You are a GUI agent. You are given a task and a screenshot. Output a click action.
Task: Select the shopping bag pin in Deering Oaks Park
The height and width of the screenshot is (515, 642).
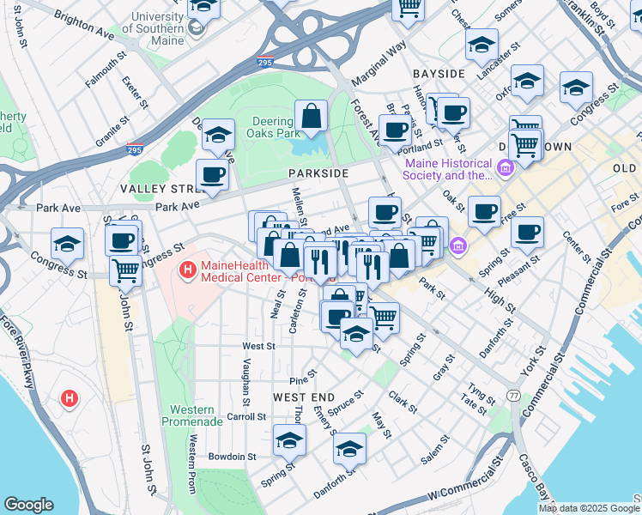click(x=311, y=116)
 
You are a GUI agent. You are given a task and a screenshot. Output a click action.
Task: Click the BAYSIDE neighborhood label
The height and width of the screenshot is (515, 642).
click(x=438, y=74)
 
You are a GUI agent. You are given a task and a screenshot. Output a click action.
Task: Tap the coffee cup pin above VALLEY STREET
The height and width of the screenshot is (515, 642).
click(x=212, y=175)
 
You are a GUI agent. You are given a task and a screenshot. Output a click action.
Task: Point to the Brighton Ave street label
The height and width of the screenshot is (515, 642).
click(x=83, y=24)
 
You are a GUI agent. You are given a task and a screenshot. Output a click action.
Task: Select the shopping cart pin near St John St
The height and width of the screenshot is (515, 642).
click(x=126, y=271)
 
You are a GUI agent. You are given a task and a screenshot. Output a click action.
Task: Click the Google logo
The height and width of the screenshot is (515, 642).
click(x=29, y=505)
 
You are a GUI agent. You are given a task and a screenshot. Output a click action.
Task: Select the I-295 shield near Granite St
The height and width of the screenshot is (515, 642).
click(x=133, y=148)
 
